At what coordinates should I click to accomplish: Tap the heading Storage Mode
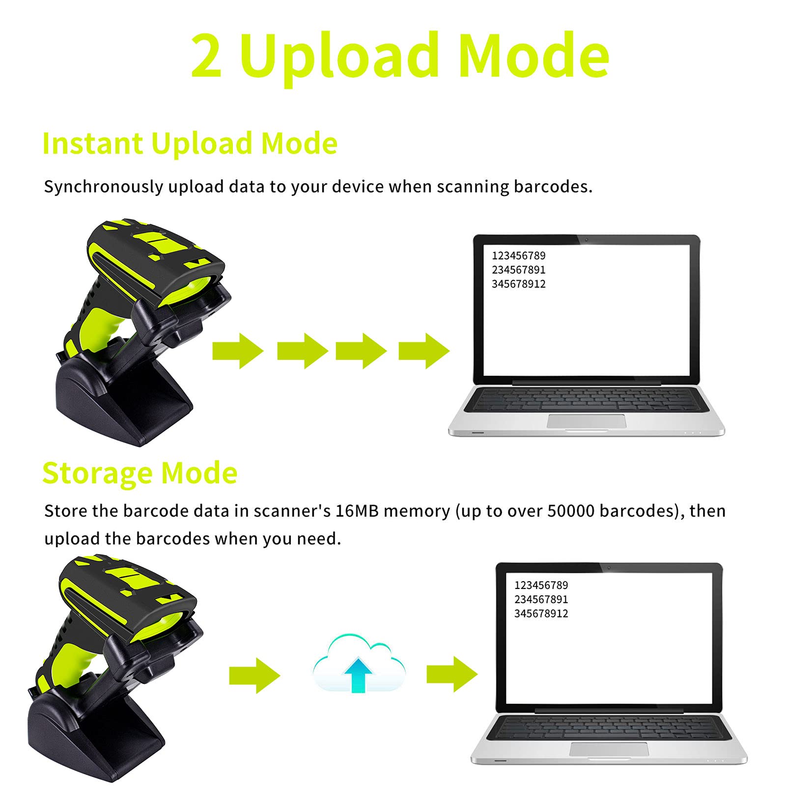(140, 473)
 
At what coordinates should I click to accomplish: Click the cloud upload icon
(359, 663)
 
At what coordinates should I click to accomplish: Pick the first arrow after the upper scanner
(238, 351)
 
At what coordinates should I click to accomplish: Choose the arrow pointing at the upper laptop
(424, 351)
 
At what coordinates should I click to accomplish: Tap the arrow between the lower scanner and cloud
(254, 675)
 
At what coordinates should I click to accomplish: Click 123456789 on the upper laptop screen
(518, 255)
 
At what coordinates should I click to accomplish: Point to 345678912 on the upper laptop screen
(518, 284)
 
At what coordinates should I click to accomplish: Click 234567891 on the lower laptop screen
(541, 599)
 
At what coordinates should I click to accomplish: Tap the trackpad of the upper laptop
(587, 421)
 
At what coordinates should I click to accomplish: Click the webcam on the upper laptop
(586, 240)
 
